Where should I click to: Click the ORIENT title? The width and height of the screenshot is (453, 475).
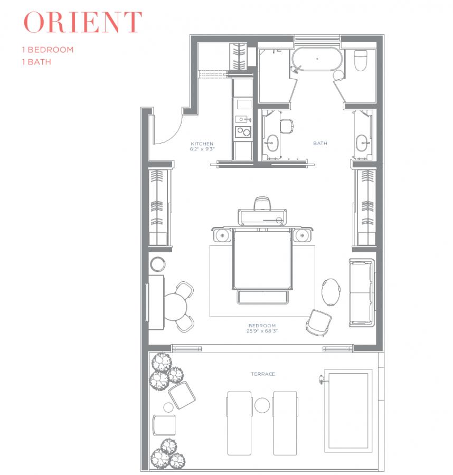(x=82, y=22)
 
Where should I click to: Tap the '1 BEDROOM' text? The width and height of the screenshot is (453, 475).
(x=48, y=50)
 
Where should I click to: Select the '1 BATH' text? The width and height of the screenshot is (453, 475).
(x=36, y=62)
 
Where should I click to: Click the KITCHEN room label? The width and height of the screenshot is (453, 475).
(x=202, y=144)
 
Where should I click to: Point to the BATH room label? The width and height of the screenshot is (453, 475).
(x=320, y=143)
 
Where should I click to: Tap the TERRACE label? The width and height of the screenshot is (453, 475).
(x=263, y=374)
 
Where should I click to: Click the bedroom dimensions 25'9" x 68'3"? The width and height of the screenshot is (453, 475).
(x=262, y=331)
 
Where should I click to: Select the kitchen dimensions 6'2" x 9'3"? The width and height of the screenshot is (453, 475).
(x=202, y=149)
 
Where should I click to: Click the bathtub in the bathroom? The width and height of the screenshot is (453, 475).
(x=317, y=59)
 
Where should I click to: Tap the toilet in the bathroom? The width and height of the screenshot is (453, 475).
(x=361, y=60)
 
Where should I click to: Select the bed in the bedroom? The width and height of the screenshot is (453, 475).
(x=262, y=259)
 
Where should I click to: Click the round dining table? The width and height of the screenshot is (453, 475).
(x=175, y=307)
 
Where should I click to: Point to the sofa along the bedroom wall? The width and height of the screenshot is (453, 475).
(x=362, y=292)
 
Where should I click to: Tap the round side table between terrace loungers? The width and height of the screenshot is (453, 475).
(x=262, y=405)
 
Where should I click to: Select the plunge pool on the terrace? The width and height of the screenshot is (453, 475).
(x=348, y=411)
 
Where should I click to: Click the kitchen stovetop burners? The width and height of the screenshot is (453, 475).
(x=243, y=132)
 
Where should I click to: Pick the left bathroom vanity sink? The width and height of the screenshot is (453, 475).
(x=272, y=143)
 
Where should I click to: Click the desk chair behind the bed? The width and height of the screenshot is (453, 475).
(x=262, y=204)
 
